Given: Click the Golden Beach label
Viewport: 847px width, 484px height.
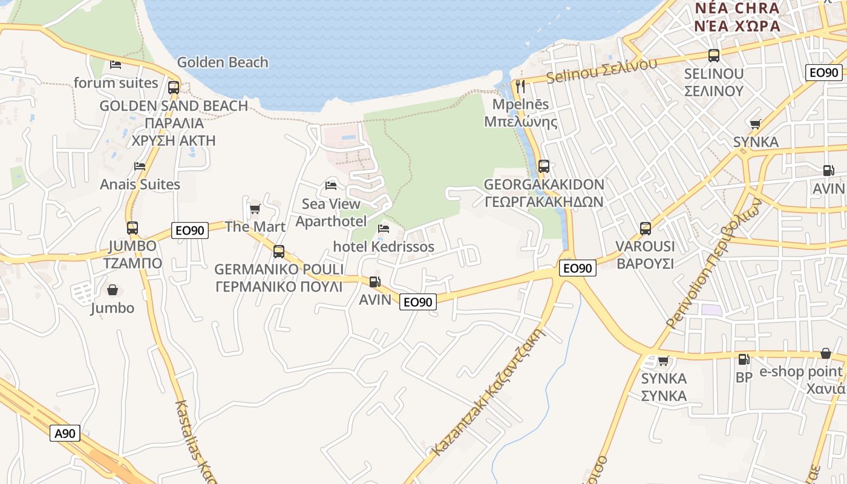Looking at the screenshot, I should pos(223,62).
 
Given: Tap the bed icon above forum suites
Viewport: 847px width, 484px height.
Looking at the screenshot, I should pos(116,64).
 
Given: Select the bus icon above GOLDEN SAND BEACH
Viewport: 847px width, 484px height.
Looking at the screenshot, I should pos(174,87).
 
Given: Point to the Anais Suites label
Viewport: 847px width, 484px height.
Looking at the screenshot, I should pos(140,185).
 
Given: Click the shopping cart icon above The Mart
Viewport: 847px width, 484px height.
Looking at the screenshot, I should pos(255,209).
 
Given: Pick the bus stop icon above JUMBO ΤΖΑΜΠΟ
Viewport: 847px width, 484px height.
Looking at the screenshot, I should pos(132,228).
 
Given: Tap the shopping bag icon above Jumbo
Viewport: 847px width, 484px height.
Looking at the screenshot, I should pos(112,290).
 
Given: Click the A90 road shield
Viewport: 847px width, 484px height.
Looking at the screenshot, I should pos(65,433).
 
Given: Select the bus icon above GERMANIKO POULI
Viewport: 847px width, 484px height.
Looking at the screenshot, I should pos(279,251).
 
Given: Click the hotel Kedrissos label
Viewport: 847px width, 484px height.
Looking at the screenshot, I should pos(384,247).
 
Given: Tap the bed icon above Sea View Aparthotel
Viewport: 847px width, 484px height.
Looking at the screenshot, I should pos(330,185).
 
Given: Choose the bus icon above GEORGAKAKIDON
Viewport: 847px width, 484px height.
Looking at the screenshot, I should pos(544,166).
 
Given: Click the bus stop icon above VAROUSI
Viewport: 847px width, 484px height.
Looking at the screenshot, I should pos(646,229).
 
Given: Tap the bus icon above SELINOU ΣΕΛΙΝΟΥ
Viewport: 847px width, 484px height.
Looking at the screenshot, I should pos(714,56).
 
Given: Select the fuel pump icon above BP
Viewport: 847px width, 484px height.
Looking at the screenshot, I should pos(744,359).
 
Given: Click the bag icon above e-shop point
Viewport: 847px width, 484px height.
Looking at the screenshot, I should pos(825,353).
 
